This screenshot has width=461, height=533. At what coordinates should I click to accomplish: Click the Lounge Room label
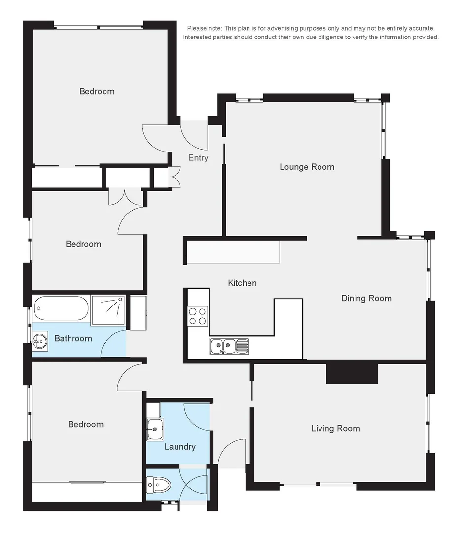pos(307,167)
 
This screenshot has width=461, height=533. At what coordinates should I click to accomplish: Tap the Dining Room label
pos(366,298)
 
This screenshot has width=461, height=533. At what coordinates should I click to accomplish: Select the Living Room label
pos(335,428)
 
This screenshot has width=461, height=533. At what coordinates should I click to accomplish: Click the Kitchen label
pos(242,283)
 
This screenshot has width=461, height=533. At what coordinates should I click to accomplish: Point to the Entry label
pos(198,158)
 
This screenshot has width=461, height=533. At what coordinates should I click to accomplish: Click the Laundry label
pos(180,447)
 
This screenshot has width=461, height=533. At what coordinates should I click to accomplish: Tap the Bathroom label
pos(73,338)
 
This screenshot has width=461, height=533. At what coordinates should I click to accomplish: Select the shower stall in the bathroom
pos(108,310)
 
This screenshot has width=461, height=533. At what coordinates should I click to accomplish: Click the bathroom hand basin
pos(40,340)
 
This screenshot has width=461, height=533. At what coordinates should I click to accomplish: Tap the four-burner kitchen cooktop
pos(198,316)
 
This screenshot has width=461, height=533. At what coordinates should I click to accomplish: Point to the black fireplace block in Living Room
pos(352,373)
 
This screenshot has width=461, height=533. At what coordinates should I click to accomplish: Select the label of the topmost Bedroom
pos(97,91)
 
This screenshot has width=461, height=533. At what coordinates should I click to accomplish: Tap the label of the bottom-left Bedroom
pos(86,424)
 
